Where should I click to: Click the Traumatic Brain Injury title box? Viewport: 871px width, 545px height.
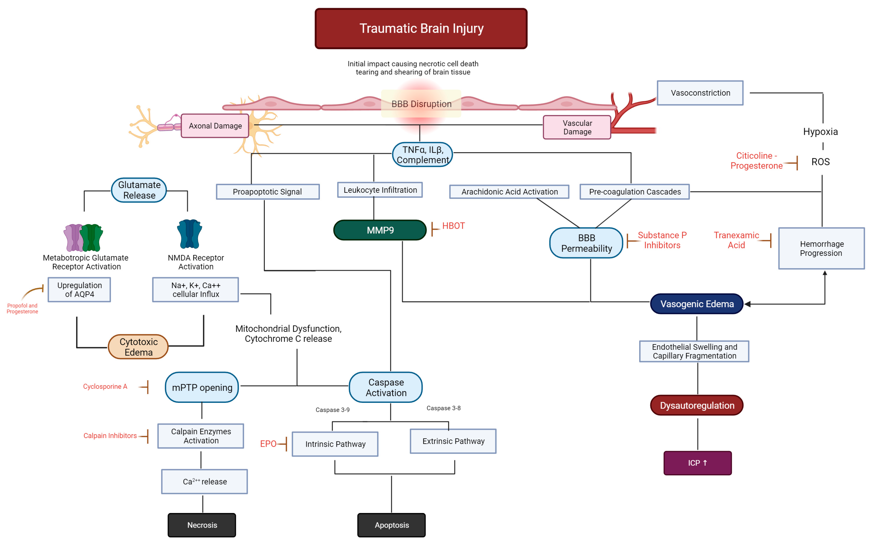pos(421,28)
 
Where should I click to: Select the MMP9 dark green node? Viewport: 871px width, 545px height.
pos(380,230)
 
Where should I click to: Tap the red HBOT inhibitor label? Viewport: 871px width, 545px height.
pos(453,226)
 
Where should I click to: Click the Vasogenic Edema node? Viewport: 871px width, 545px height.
pos(696,304)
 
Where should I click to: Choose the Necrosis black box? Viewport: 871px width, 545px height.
pos(202,525)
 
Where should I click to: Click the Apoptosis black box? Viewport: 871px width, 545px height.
pos(391,525)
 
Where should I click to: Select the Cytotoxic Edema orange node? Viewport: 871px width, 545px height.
pos(138,347)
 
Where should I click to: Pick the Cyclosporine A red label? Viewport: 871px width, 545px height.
pos(105,386)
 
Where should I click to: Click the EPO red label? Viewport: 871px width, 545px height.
pos(268,444)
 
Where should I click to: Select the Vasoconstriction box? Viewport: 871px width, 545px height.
pos(700,93)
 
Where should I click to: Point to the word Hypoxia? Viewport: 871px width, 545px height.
pos(820,132)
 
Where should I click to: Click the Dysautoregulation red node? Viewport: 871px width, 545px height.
pos(696,405)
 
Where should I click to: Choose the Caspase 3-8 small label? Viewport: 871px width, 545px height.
pos(443,408)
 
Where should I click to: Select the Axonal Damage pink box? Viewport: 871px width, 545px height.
pos(215,126)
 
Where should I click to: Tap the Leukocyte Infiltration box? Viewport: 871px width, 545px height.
pos(380,190)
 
